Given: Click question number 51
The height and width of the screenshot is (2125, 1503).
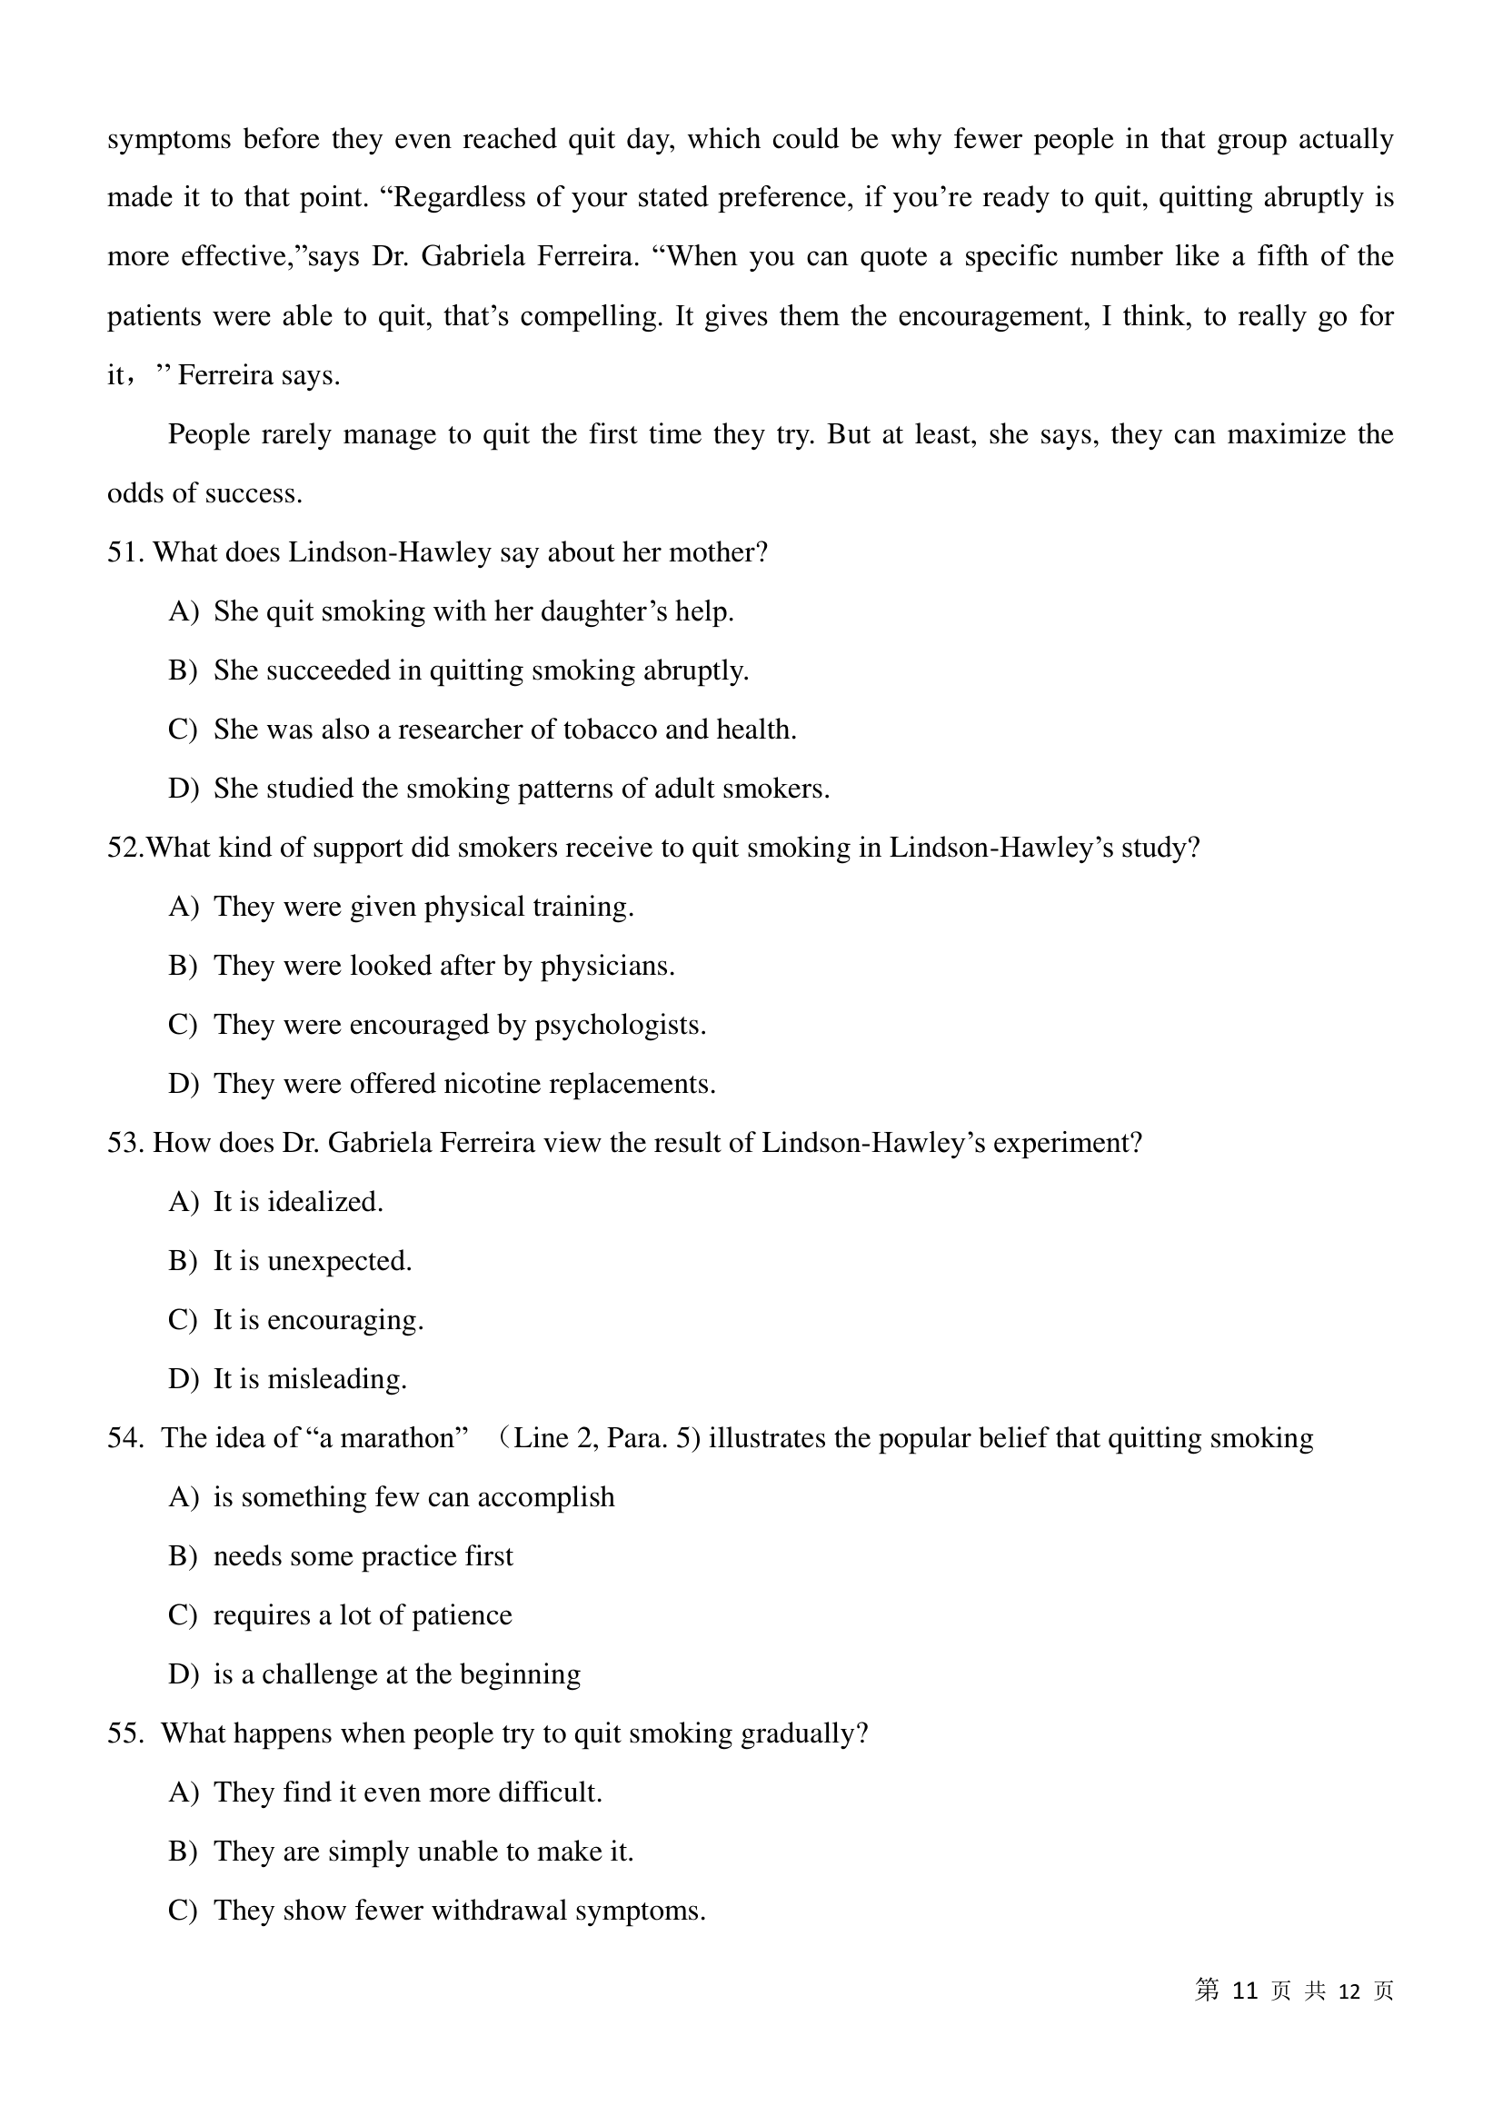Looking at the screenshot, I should pyautogui.click(x=124, y=552).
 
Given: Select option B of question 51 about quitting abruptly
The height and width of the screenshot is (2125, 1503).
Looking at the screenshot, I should pyautogui.click(x=481, y=670).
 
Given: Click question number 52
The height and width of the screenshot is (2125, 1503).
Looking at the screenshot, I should pyautogui.click(x=124, y=848).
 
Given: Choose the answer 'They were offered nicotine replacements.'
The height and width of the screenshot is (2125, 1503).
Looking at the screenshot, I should pyautogui.click(x=463, y=1084).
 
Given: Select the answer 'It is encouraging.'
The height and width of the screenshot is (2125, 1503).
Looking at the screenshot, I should pyautogui.click(x=317, y=1320).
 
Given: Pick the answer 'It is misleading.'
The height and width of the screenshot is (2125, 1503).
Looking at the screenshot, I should pyautogui.click(x=309, y=1379).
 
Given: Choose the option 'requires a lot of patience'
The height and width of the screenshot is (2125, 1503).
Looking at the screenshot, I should pyautogui.click(x=362, y=1615).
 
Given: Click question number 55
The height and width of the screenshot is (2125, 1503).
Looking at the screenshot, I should pyautogui.click(x=124, y=1733).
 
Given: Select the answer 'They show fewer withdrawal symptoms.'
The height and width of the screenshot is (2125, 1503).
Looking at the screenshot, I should pyautogui.click(x=459, y=1911).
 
